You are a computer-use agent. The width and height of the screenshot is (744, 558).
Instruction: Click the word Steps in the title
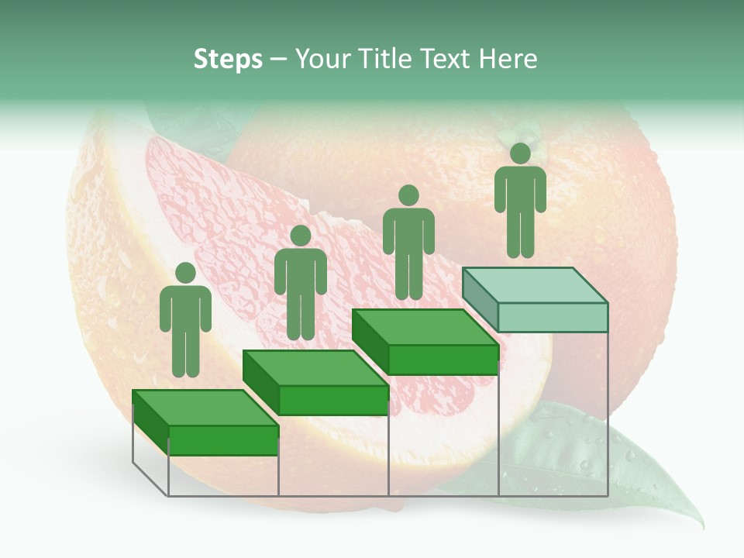click(x=228, y=60)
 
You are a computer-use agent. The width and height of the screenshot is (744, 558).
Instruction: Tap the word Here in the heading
click(x=508, y=60)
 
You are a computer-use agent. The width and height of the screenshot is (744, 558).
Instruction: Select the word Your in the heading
click(x=318, y=60)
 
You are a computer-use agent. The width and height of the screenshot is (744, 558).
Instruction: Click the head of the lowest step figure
click(x=185, y=273)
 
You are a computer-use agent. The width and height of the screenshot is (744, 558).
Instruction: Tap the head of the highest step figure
click(x=520, y=153)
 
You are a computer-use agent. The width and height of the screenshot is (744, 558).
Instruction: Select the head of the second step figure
click(x=300, y=236)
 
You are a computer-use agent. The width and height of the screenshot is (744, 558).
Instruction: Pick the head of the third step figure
click(x=408, y=196)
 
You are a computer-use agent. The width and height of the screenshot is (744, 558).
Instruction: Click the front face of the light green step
click(x=552, y=317)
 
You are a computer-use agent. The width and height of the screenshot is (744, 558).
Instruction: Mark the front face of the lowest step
click(x=223, y=440)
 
